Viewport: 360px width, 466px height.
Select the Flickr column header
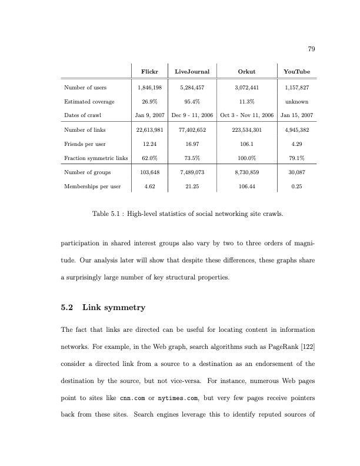point(149,72)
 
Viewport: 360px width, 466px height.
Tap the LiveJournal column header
point(192,72)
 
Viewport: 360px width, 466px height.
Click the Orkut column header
point(246,72)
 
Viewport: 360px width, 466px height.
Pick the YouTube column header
point(296,72)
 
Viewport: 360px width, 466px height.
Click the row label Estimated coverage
point(88,101)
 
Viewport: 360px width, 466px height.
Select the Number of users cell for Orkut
point(246,88)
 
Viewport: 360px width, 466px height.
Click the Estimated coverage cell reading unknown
point(296,101)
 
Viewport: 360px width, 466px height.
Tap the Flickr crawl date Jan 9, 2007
point(149,115)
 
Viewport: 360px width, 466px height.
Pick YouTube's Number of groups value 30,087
point(296,172)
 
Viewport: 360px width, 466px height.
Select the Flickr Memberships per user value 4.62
point(149,187)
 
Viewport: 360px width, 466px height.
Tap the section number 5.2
point(68,307)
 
